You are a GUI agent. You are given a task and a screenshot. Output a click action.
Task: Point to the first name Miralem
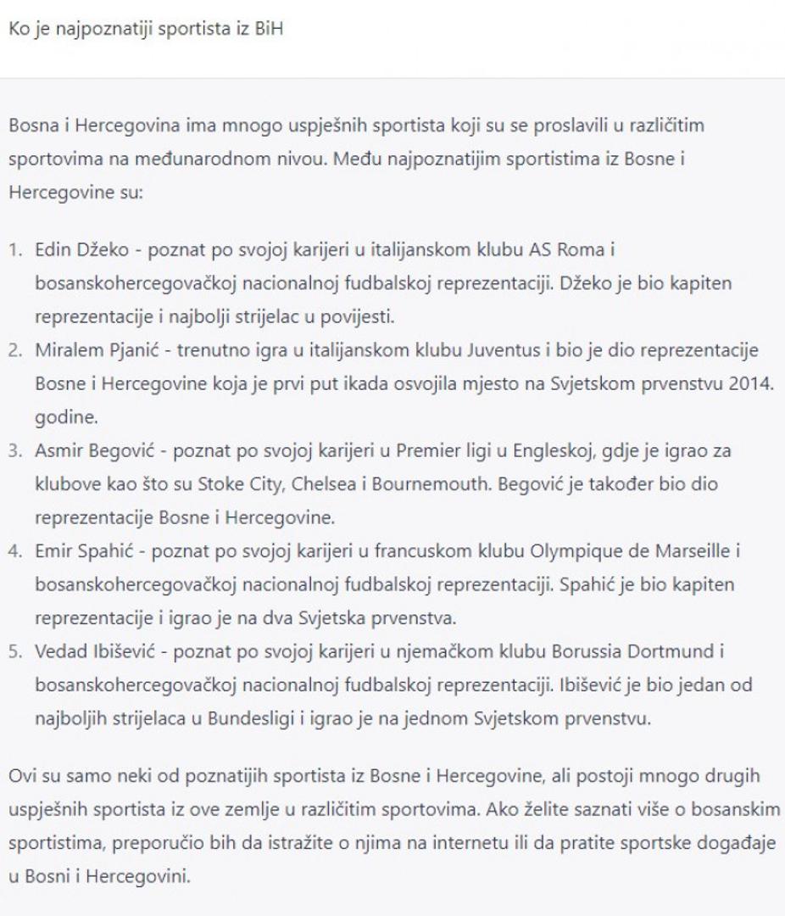(64, 349)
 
